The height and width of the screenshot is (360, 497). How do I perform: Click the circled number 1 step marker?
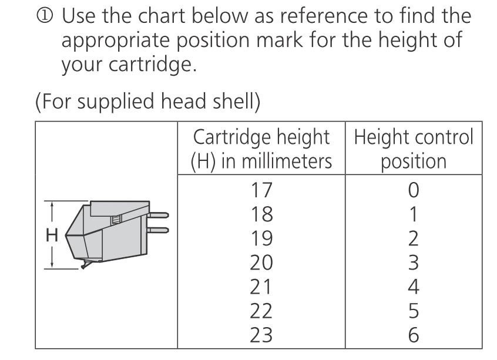click(45, 15)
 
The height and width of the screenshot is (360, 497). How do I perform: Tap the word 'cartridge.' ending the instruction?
click(153, 65)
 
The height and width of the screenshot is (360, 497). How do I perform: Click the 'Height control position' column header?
click(414, 149)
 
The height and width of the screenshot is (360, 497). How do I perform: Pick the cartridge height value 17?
click(261, 190)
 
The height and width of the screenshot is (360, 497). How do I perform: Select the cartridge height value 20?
click(261, 263)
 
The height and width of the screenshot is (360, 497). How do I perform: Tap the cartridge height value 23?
click(261, 335)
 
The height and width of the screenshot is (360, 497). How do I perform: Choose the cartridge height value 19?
click(261, 238)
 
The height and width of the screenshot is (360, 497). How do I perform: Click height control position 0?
click(414, 190)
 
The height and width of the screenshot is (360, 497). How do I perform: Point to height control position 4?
click(414, 287)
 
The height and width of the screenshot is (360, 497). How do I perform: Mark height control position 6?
click(414, 335)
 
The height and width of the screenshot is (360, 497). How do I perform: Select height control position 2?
click(414, 238)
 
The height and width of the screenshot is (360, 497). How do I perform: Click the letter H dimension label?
click(52, 235)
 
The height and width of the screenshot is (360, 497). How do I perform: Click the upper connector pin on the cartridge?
click(157, 215)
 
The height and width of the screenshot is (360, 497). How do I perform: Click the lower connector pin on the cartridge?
click(157, 230)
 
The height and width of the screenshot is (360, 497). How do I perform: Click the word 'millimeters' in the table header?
click(287, 162)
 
